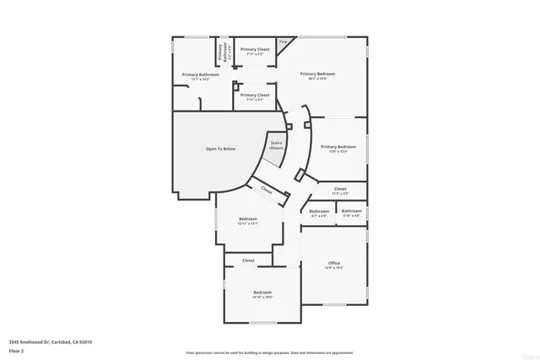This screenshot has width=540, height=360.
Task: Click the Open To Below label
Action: click(221, 148)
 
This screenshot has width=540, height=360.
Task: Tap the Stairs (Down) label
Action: click(276, 146)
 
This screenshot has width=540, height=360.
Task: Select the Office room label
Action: click(334, 264)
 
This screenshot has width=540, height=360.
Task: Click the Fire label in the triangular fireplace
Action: click(283, 41)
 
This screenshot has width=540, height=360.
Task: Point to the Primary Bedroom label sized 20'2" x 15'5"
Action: click(316, 74)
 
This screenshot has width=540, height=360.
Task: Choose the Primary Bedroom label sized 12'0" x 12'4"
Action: click(338, 148)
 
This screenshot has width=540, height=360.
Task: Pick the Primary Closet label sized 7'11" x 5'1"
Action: click(255, 95)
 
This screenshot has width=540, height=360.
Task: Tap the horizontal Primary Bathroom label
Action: click(201, 75)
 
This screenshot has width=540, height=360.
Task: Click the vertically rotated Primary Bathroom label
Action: click(220, 52)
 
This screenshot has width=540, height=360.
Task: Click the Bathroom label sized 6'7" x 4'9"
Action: click(319, 212)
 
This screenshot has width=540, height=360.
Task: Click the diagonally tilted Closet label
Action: click(267, 191)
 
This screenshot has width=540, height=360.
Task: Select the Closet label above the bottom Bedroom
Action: click(249, 261)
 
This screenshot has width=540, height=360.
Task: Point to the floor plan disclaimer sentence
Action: click(270, 352)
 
